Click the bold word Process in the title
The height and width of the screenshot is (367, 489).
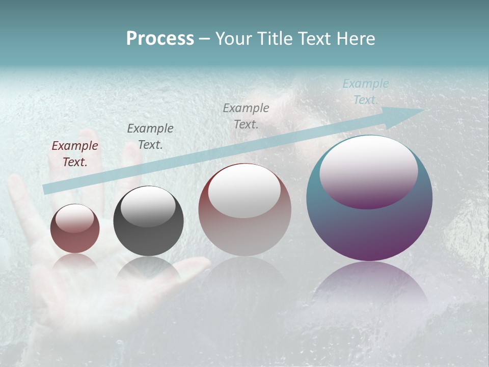tap(160, 39)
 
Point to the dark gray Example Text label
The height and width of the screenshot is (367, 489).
tap(150, 136)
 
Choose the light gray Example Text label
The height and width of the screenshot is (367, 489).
tap(246, 116)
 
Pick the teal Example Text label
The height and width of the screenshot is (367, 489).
tap(365, 92)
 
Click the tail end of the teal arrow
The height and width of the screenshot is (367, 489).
tap(47, 189)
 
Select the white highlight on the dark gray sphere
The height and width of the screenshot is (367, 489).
tap(148, 206)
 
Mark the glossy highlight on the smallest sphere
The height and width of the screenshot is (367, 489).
tap(74, 218)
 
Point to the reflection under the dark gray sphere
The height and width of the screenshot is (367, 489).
tap(148, 270)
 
